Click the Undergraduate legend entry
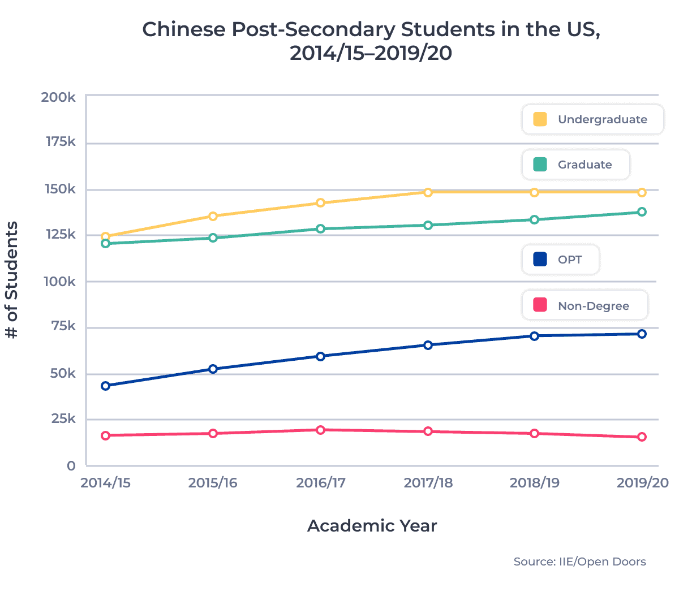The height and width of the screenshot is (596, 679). [x=592, y=119]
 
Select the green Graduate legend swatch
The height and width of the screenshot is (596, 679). [x=540, y=165]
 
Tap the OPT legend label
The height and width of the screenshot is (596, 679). [x=570, y=260]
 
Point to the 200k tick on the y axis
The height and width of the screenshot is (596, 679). [x=58, y=97]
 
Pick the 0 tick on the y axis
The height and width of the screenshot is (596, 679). [x=71, y=466]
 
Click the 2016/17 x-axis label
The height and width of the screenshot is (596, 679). [x=320, y=483]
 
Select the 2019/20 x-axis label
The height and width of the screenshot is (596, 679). [x=642, y=483]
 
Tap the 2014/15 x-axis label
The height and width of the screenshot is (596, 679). [x=105, y=483]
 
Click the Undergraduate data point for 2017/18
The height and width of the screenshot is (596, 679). [x=428, y=192]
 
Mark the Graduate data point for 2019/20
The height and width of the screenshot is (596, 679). [x=642, y=212]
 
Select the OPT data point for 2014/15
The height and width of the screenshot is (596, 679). [x=105, y=386]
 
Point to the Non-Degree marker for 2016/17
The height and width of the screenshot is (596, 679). [x=320, y=430]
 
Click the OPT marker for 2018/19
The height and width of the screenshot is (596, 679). [x=534, y=336]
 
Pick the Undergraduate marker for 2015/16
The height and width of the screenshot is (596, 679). [x=213, y=216]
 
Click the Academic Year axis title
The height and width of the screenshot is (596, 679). [x=372, y=526]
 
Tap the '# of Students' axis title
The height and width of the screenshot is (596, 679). [x=12, y=280]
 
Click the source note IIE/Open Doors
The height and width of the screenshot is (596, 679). [x=579, y=562]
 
